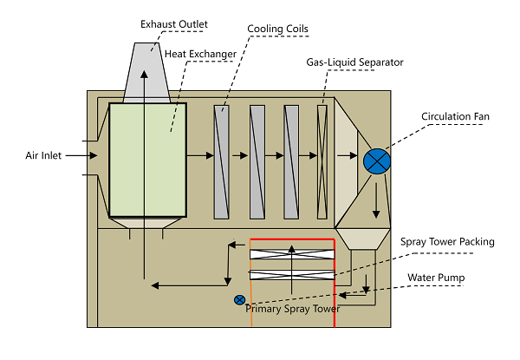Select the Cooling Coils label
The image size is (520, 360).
(277, 29)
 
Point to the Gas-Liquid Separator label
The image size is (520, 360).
(355, 62)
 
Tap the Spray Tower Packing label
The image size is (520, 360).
(446, 241)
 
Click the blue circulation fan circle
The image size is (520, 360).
(378, 160)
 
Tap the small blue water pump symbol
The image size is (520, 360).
(239, 300)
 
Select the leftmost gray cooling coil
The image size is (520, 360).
(222, 161)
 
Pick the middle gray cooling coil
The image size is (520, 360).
(257, 161)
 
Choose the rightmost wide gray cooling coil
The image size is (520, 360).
(292, 161)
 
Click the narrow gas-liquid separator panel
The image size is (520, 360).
(322, 161)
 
